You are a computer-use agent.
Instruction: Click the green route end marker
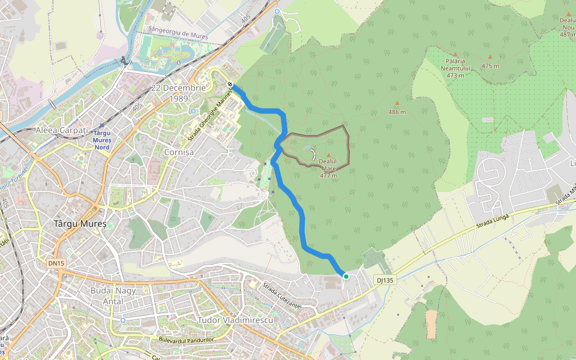point(346,276)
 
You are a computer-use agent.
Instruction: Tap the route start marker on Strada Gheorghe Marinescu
point(230,92)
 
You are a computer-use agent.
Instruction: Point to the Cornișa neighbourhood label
point(179,152)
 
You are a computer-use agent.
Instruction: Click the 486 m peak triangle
point(397,103)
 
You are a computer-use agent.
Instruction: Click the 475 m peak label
point(490,65)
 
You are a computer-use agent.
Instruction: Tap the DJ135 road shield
point(385,280)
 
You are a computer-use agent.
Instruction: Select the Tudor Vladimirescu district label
point(235,320)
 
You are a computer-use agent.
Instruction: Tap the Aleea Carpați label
point(62,130)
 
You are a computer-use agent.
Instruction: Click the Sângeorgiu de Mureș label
point(178,36)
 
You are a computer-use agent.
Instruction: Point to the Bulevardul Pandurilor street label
point(186,340)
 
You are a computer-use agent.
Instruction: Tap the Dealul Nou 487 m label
point(567,27)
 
